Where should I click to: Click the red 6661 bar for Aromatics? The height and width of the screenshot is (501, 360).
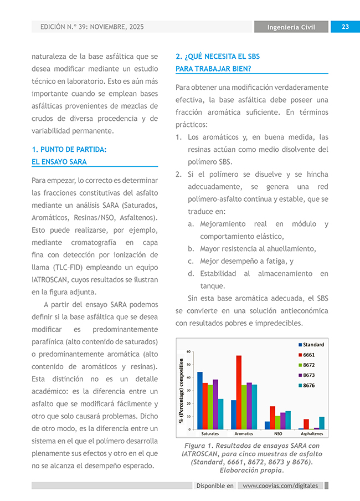239,392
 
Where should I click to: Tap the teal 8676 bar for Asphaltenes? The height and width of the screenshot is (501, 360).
322,423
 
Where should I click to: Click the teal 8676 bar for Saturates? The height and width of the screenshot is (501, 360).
221,414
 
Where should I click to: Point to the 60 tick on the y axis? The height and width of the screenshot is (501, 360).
188,351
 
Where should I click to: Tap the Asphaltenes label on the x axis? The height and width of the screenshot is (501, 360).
311,434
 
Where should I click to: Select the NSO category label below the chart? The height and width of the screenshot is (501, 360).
277,434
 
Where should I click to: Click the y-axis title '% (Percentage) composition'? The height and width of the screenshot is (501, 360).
181,390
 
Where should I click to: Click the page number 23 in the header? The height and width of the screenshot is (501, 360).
344,27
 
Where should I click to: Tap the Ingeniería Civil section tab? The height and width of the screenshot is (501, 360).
291,27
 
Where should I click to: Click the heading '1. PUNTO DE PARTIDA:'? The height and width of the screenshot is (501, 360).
69,150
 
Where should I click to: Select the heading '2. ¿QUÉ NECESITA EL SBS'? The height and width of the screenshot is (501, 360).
218,57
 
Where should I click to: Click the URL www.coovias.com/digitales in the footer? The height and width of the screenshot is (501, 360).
280,485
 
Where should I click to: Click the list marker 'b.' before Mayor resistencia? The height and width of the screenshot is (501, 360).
191,249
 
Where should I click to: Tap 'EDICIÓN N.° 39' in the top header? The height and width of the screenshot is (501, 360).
66,27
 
